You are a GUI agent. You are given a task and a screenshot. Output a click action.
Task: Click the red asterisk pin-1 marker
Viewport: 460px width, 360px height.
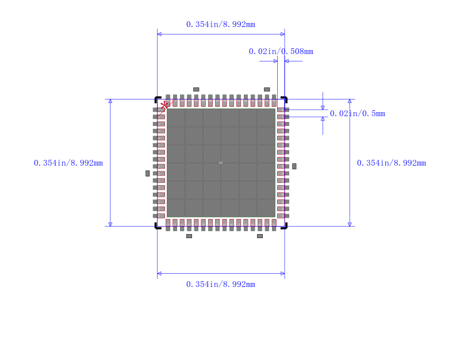click(x=165, y=105)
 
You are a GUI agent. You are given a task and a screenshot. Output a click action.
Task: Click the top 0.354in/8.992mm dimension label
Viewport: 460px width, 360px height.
click(x=220, y=24)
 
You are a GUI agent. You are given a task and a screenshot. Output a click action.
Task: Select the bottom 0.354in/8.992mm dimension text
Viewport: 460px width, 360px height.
click(x=220, y=284)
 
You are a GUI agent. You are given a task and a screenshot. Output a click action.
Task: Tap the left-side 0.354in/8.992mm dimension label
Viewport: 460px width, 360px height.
click(x=68, y=163)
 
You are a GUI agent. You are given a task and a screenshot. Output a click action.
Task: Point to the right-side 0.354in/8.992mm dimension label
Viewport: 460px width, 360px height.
click(x=391, y=163)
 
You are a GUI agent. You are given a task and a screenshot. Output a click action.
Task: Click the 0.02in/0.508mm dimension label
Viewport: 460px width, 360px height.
click(x=281, y=51)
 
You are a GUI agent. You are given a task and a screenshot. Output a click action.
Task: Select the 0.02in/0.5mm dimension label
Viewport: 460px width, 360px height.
click(x=357, y=113)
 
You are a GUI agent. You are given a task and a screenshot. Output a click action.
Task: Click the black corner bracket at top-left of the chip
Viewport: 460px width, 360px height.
click(x=157, y=99)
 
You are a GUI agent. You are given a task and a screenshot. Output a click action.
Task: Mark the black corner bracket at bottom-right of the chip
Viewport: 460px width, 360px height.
click(x=285, y=226)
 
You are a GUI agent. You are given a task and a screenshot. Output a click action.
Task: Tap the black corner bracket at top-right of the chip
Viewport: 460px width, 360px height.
click(x=285, y=99)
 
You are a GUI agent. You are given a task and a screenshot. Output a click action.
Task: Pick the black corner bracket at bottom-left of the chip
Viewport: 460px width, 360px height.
click(x=157, y=226)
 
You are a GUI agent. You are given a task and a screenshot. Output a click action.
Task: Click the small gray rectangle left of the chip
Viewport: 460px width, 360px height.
click(x=148, y=173)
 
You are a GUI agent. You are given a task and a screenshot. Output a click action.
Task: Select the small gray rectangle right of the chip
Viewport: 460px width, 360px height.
click(x=294, y=166)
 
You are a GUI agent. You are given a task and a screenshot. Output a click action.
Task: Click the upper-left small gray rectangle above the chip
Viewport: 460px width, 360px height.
click(x=196, y=89)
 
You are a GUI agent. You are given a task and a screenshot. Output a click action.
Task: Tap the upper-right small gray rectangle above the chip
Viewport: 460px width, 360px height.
click(x=267, y=89)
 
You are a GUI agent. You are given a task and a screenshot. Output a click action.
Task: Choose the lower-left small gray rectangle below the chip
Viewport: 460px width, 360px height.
click(x=189, y=236)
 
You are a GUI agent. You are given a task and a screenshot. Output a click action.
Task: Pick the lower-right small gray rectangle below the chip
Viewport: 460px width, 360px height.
click(x=260, y=236)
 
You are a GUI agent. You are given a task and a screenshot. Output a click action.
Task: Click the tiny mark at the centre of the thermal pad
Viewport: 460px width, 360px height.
click(x=221, y=163)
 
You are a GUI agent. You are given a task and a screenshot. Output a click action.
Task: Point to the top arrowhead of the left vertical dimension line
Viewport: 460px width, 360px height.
click(x=110, y=101)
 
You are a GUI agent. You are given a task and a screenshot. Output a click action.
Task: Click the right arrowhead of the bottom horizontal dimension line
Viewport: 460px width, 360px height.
click(x=282, y=273)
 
